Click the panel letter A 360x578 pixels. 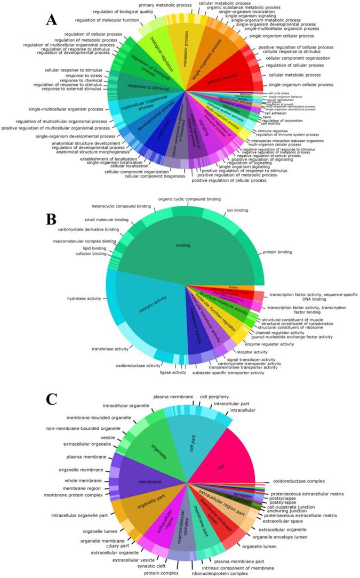(x=52, y=20)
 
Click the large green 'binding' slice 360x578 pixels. (x=180, y=245)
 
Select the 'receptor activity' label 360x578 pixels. (x=253, y=352)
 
